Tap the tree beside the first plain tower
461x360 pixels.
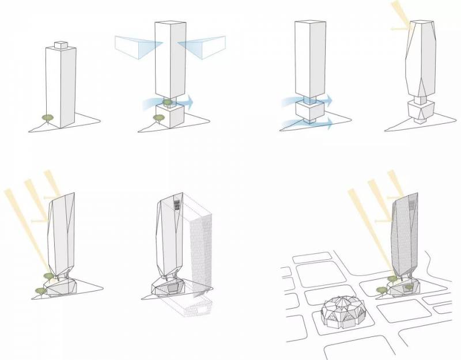[47, 117]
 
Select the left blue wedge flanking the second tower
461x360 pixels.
[134, 46]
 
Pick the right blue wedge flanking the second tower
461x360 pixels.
[202, 46]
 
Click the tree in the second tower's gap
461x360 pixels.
[168, 103]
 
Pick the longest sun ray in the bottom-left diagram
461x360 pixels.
[27, 230]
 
